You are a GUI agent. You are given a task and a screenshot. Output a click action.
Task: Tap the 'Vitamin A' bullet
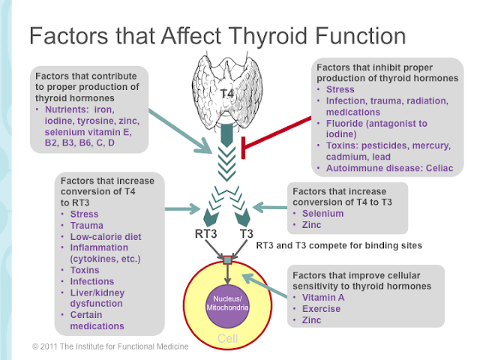(x=320, y=298)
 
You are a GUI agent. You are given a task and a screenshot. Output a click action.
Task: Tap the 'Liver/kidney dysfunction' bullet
(x=103, y=298)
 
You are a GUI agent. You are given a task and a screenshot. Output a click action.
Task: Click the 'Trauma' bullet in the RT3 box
(x=87, y=225)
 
